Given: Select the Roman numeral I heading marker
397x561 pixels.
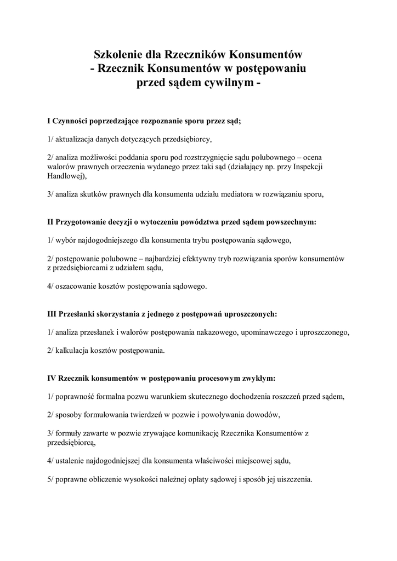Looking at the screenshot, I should (x=49, y=121).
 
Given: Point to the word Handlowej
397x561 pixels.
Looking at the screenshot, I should (x=67, y=177).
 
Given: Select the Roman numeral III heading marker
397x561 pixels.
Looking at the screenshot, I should (x=52, y=314).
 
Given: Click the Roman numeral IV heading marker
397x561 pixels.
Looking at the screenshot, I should (x=52, y=379).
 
